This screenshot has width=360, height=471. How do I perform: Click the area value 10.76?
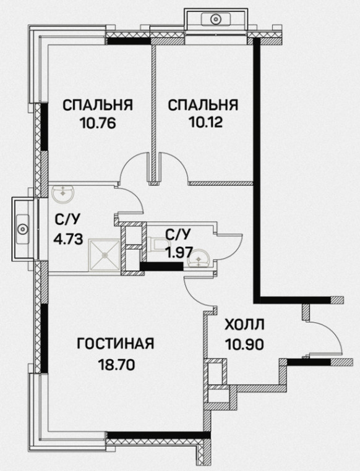(97, 123)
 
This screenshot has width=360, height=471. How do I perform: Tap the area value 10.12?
(205, 122)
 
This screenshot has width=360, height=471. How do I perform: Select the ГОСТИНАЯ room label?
(116, 343)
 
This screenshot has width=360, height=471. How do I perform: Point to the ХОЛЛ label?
(244, 325)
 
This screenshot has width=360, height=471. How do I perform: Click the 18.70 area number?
(116, 365)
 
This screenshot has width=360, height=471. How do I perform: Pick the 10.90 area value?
(244, 344)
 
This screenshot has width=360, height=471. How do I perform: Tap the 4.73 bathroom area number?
(68, 239)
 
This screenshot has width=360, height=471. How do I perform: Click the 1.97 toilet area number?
(179, 253)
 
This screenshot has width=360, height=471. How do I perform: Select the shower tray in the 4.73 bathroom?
(105, 255)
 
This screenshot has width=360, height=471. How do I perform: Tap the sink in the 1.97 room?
(199, 258)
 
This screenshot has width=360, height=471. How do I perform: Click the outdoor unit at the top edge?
(215, 19)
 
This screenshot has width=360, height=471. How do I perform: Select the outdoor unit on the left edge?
(22, 229)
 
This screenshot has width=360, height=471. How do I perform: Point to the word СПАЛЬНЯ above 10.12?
(204, 106)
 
